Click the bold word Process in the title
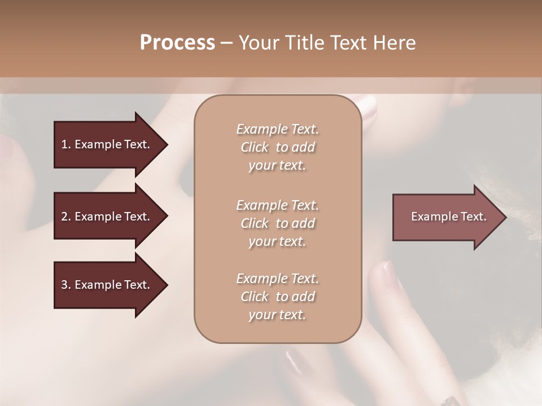[177, 43]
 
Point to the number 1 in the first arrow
[65, 144]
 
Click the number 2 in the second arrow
[65, 217]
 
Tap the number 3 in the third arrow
[65, 285]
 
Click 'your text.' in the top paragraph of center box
[277, 166]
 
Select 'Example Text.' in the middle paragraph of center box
[277, 205]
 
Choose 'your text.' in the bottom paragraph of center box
[277, 315]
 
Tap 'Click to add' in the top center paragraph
[277, 148]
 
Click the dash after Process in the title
[226, 43]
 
